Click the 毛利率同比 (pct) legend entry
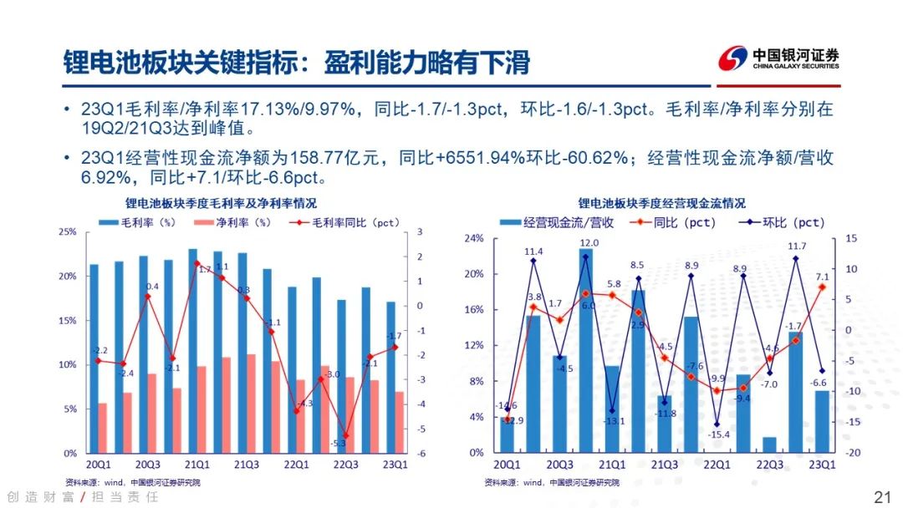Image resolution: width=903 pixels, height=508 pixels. tap(345, 223)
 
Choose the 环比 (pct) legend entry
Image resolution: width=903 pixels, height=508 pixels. tap(782, 222)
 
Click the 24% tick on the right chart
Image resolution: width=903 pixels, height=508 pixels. tap(473, 238)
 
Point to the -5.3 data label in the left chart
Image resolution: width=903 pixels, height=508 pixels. tap(338, 443)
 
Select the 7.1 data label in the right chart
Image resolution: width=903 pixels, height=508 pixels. tap(822, 277)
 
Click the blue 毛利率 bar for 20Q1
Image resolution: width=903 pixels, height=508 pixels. tap(94, 358)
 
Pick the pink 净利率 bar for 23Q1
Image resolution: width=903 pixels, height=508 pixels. tap(400, 422)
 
